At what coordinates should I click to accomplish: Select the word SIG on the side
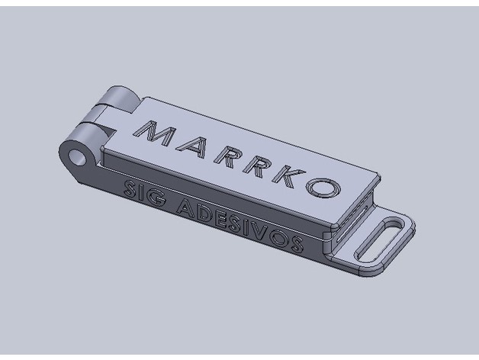(x=144, y=194)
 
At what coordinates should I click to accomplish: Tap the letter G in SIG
(x=157, y=198)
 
